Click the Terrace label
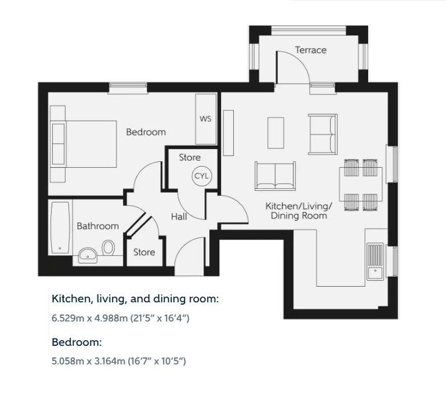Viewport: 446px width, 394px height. click(311, 50)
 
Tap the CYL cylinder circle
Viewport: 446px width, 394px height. click(203, 176)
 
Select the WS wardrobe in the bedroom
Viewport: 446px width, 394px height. click(206, 120)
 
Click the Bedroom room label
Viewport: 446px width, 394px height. click(146, 132)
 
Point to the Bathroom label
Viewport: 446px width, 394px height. click(97, 226)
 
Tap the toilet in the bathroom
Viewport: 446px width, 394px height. click(108, 248)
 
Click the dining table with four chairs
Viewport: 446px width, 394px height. click(360, 185)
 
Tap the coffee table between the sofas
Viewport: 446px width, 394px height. click(276, 133)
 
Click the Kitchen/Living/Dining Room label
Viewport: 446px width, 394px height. click(298, 211)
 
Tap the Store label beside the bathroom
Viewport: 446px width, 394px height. click(144, 252)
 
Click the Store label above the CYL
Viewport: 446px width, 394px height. click(189, 157)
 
